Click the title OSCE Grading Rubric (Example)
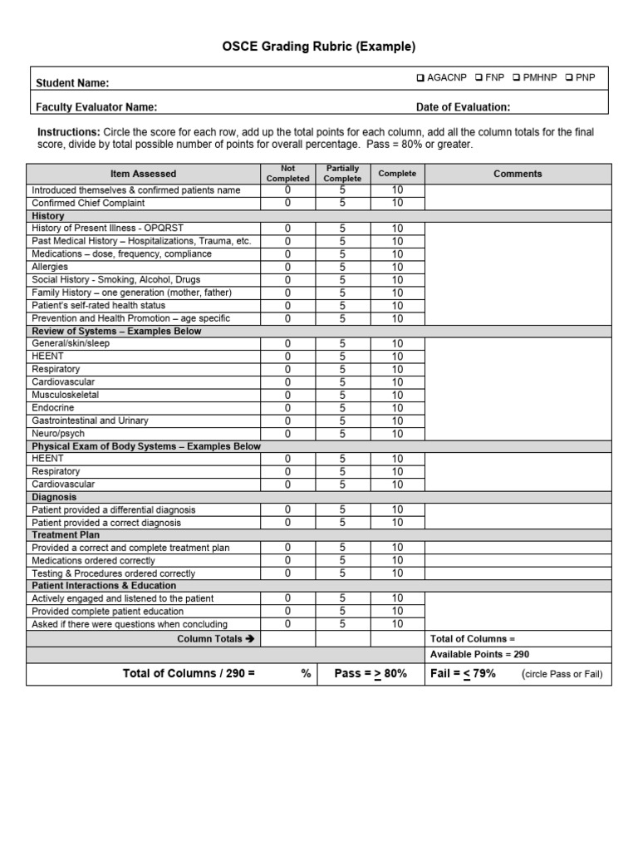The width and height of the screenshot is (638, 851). (x=319, y=47)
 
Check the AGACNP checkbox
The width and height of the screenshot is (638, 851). (x=421, y=78)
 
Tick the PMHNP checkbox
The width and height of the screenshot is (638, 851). (x=517, y=78)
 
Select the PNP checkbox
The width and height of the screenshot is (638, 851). (x=569, y=78)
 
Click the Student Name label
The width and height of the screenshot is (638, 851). (x=72, y=83)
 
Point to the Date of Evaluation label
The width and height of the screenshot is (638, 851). (x=463, y=106)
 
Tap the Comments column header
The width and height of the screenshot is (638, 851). (x=518, y=174)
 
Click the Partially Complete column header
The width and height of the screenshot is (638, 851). (x=342, y=174)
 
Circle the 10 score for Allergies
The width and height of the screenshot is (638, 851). (x=397, y=267)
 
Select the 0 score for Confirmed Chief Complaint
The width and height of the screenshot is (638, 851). (x=288, y=203)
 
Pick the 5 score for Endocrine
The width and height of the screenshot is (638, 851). (x=342, y=408)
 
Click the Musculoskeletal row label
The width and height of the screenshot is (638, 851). (x=65, y=395)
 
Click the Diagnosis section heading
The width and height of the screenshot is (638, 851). (x=53, y=497)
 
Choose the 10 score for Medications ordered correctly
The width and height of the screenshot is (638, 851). (x=397, y=561)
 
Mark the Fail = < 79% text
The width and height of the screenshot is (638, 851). (x=463, y=673)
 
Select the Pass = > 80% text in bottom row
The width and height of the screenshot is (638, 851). (x=371, y=673)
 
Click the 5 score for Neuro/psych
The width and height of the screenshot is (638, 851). (x=342, y=434)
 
